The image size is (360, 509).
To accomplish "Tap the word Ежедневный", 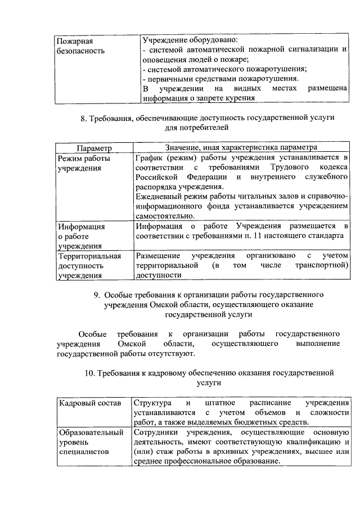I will pyautogui.click(x=160, y=196).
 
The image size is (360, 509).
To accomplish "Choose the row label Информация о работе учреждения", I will pyautogui.click(x=82, y=236).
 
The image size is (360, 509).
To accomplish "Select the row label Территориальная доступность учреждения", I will pyautogui.click(x=89, y=265).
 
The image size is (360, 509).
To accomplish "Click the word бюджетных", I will pyautogui.click(x=256, y=422).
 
